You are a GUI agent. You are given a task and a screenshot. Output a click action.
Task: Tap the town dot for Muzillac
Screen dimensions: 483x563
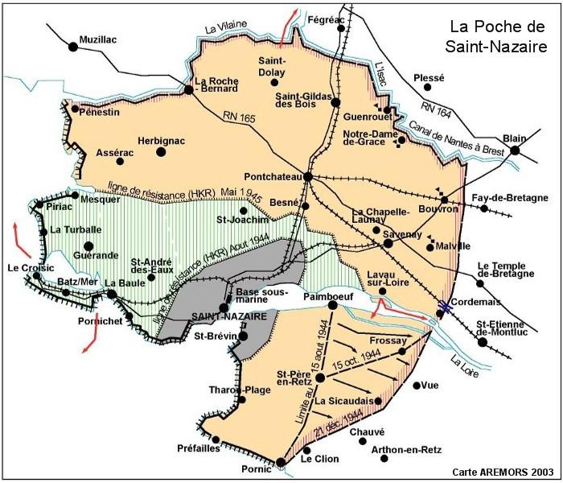click(73, 47)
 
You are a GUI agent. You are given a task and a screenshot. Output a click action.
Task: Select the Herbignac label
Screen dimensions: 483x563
click(161, 140)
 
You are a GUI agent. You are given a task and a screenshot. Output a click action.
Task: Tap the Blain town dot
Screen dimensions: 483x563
click(515, 150)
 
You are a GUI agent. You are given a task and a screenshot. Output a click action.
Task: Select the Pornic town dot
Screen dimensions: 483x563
click(281, 462)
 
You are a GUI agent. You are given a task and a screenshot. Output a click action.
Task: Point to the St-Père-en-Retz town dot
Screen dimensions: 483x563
click(320, 377)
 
